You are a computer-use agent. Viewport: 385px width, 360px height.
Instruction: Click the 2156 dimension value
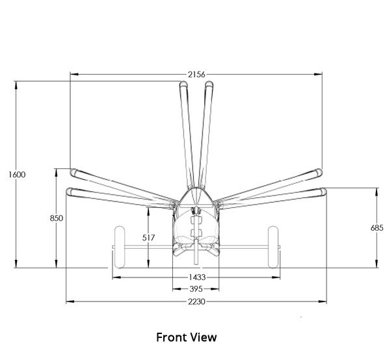click(196, 75)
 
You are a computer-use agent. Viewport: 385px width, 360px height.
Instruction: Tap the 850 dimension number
click(56, 218)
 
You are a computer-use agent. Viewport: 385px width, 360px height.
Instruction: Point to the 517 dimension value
click(149, 238)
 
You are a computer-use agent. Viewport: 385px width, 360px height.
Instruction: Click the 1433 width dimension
click(196, 277)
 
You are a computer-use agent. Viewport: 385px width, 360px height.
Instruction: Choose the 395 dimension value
click(196, 289)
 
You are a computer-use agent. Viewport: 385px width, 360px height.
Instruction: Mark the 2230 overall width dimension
click(196, 301)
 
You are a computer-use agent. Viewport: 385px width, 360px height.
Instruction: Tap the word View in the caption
click(204, 338)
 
